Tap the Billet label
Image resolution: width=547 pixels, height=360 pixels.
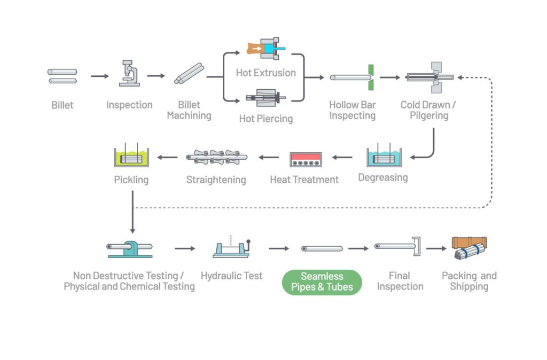62,105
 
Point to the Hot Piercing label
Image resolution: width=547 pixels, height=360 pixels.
265,119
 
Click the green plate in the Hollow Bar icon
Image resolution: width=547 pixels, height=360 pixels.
371,77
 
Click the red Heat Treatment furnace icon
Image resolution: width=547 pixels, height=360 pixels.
305,160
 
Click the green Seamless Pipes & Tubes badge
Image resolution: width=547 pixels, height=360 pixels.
322,282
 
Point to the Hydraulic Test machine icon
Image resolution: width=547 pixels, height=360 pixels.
231,249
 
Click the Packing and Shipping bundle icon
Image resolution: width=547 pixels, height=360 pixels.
470,249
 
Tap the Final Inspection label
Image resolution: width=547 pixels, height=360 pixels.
400,281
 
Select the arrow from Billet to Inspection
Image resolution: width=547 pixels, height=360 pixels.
99,76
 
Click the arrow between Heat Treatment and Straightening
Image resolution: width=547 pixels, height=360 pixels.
269,157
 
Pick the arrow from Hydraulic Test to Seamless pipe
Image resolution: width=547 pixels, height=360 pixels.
278,248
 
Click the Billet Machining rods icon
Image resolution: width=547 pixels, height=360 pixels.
189,74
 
